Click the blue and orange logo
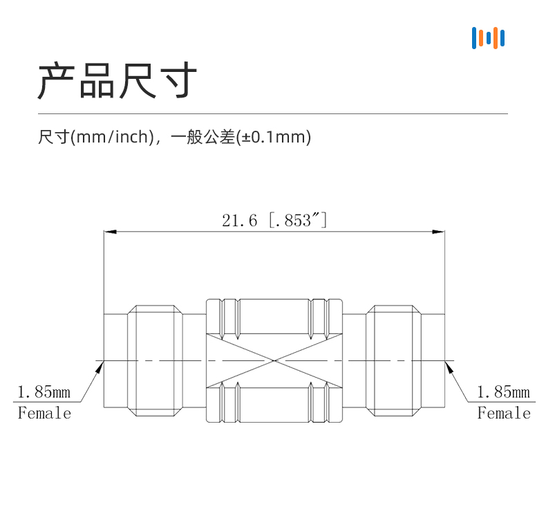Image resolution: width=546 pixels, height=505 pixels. click(488, 38)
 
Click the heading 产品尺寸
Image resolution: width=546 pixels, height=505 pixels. click(117, 80)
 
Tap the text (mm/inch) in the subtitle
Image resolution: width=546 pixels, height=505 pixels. click(112, 137)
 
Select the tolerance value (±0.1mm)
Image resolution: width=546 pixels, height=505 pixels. click(274, 137)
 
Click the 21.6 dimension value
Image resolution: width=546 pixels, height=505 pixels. click(240, 221)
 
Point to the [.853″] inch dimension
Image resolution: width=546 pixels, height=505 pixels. click(299, 220)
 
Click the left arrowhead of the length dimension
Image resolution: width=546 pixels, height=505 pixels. click(110, 232)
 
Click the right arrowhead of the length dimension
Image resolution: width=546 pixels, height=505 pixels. click(438, 232)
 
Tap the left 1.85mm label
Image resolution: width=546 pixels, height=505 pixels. click(44, 392)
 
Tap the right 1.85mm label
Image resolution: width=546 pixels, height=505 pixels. click(504, 392)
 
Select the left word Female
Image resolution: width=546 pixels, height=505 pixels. click(44, 413)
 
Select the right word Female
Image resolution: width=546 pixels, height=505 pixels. click(504, 413)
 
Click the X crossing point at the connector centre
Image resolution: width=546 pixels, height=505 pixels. click(274, 360)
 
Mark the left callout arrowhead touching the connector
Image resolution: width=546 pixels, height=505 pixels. click(101, 367)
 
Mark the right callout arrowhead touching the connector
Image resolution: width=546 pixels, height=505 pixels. click(449, 367)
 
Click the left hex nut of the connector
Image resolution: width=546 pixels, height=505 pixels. click(155, 360)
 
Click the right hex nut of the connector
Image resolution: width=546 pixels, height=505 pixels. click(394, 360)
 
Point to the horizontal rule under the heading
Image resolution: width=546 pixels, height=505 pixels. click(272, 113)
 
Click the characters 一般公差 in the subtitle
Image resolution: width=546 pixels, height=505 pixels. click(203, 137)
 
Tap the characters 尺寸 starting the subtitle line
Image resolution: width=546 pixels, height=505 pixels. click(54, 137)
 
